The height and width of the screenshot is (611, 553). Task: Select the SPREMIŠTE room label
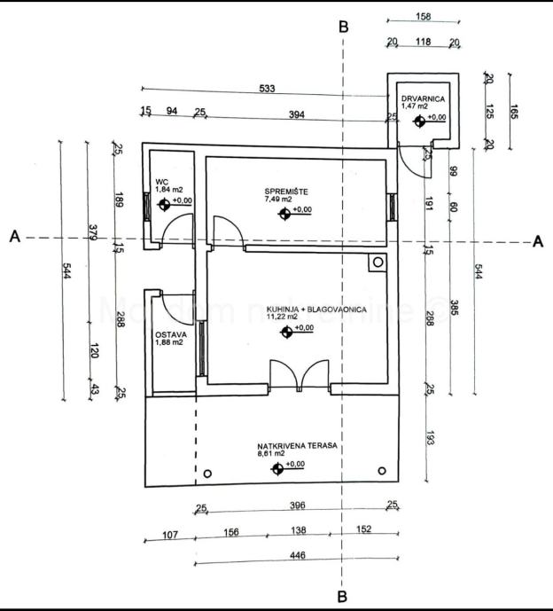coord(285,192)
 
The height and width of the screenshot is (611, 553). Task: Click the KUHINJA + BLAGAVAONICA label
coord(289,309)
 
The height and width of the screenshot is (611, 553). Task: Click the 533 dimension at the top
coord(268,88)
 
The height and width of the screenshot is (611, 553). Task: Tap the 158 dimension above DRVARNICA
coord(423,16)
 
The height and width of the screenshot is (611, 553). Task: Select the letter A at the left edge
coord(14,237)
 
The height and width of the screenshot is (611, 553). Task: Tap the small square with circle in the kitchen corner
coord(378,262)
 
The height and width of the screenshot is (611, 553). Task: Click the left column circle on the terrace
coord(208,471)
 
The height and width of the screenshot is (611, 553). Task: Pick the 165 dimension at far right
coord(516,113)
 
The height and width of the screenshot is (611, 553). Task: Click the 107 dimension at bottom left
coord(170,534)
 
